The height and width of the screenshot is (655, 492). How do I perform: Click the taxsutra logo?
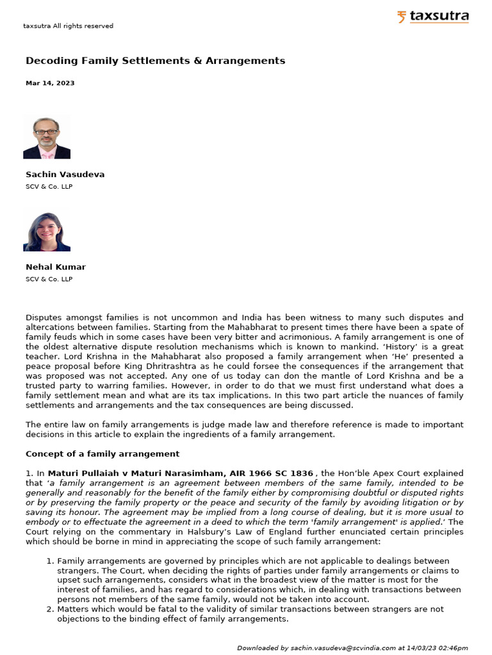[x=432, y=17]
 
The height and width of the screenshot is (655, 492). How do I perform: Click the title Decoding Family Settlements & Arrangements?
[x=155, y=61]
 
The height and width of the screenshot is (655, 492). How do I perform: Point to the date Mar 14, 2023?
[x=50, y=83]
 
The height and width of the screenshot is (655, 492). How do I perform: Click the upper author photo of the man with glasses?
[x=47, y=137]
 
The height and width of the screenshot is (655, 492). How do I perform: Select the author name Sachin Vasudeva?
[x=65, y=174]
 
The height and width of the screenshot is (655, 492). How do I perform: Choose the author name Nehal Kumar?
[x=55, y=267]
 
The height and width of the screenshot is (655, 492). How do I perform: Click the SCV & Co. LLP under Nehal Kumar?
[x=49, y=279]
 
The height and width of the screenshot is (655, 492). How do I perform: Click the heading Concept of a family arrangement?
[x=102, y=454]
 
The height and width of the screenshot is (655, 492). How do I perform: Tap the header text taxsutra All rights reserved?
[x=68, y=26]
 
